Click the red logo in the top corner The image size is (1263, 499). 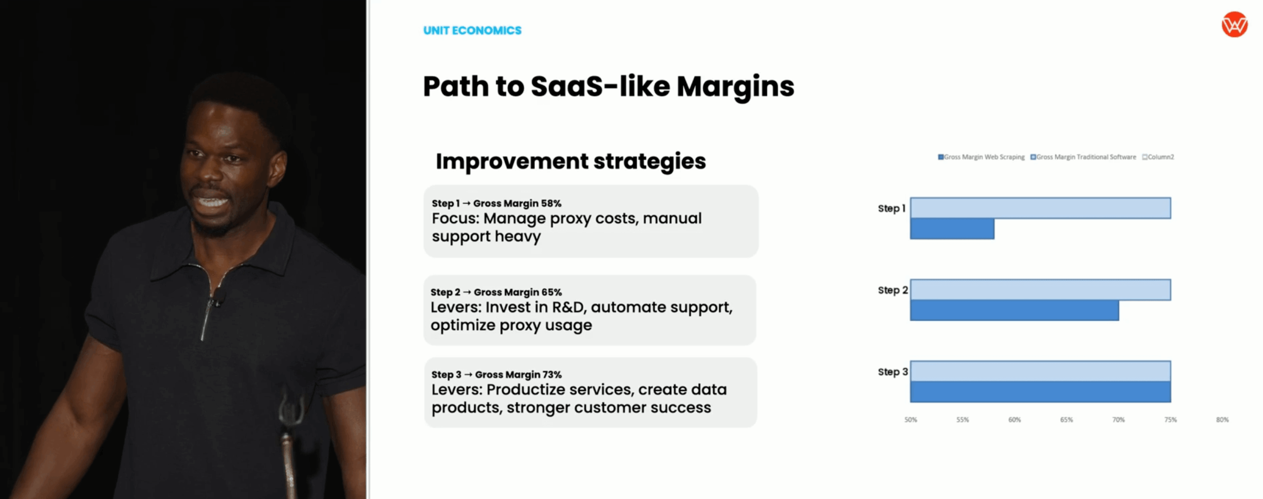[1234, 24]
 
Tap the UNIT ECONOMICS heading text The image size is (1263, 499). [472, 31]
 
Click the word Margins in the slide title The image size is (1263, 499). [735, 86]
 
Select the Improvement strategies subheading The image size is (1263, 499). [571, 161]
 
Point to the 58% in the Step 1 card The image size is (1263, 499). [551, 203]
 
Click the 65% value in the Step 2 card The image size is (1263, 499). [552, 292]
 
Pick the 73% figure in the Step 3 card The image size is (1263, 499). [552, 375]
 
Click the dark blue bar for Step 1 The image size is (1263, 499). [952, 229]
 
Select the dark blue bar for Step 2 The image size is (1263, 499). [1014, 310]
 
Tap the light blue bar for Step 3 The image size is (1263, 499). [1040, 371]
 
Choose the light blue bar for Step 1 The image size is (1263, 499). [1040, 208]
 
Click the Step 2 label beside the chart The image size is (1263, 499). [892, 290]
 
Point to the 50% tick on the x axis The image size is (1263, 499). [911, 420]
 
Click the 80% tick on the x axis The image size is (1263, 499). [1222, 420]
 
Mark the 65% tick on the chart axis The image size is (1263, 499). [1067, 420]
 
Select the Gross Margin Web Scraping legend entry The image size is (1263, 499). [981, 157]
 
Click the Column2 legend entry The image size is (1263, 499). [1158, 157]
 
